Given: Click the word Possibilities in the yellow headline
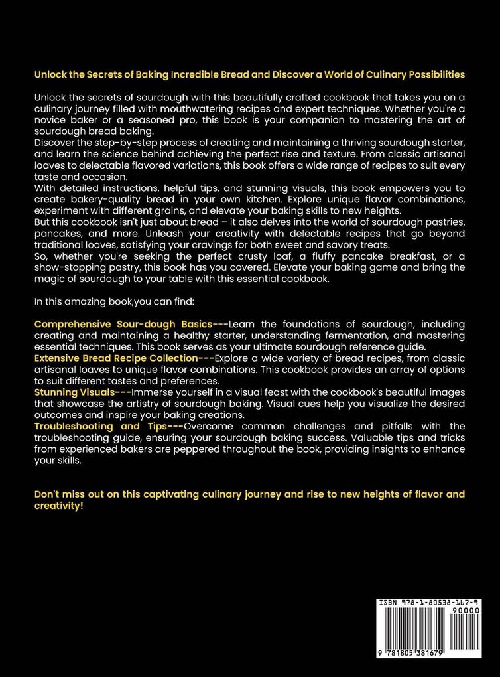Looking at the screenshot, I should point(434,74).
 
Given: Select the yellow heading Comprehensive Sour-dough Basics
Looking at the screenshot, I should point(123,323).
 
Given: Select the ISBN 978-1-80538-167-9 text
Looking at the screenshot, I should point(428,603).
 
